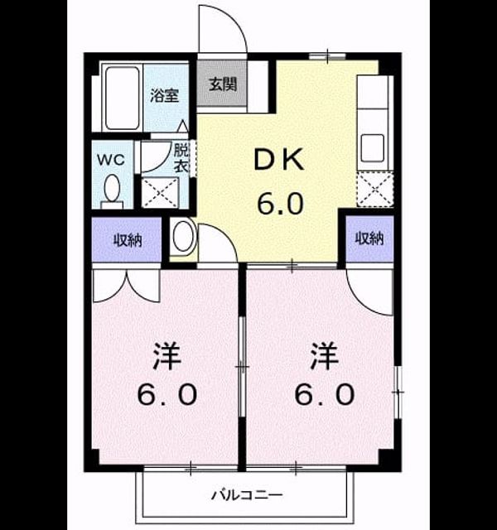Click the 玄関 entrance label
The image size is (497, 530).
click(223, 84)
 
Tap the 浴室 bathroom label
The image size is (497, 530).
click(165, 96)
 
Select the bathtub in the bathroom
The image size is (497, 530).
click(122, 98)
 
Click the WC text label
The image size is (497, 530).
click(111, 160)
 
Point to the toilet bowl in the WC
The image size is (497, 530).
click(112, 188)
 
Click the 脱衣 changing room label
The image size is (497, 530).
click(181, 157)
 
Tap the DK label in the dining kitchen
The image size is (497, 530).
click(279, 161)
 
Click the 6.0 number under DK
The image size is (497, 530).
click(281, 203)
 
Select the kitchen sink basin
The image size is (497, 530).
click(372, 148)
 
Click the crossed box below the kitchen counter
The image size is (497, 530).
click(375, 189)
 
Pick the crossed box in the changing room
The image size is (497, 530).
click(160, 192)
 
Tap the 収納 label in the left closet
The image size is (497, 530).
click(127, 240)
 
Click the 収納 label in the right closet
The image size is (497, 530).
click(369, 238)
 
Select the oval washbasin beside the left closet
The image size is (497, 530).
click(183, 236)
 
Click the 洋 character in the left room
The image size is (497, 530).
click(166, 356)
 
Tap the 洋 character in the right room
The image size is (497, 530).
click(324, 356)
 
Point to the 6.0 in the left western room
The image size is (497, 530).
click(167, 394)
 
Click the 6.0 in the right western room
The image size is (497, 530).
click(325, 394)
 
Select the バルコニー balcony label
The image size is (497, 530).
click(247, 495)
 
